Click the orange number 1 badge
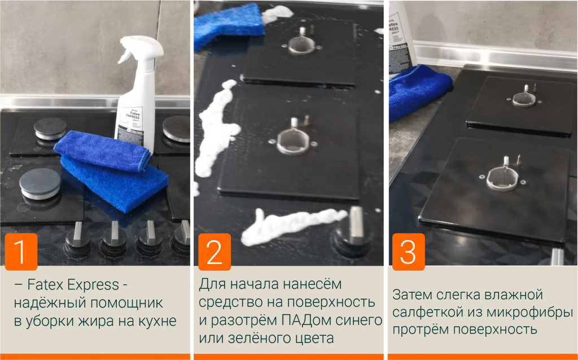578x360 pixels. click(21, 252)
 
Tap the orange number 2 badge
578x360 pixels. click(214, 252)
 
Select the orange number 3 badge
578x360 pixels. click(409, 252)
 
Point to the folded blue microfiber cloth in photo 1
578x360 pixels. click(102, 150)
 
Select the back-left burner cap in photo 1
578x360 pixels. click(50, 129)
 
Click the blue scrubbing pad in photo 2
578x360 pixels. click(229, 24)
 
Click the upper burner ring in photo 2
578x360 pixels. click(301, 46)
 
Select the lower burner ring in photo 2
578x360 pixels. click(293, 141)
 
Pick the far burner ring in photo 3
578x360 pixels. click(524, 99)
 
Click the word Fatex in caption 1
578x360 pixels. click(45, 285)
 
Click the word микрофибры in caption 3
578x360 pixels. click(529, 313)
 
